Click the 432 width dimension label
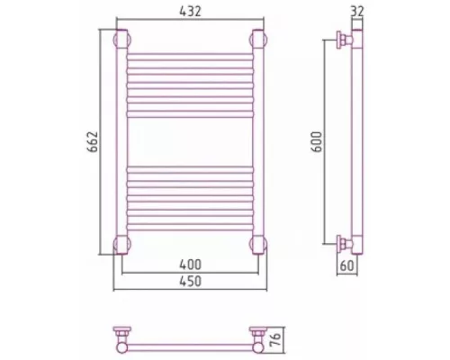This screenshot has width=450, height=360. click(x=190, y=12)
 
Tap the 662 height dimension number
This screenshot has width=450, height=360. click(x=93, y=142)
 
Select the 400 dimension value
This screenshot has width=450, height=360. click(x=190, y=265)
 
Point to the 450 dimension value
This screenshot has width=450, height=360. click(x=190, y=282)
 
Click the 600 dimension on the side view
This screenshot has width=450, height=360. click(x=317, y=142)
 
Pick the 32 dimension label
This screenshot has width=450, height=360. click(x=356, y=12)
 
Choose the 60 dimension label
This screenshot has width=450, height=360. click(x=347, y=265)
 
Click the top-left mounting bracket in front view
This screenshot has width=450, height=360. click(x=121, y=39)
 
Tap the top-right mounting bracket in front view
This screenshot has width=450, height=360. click(x=258, y=39)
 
